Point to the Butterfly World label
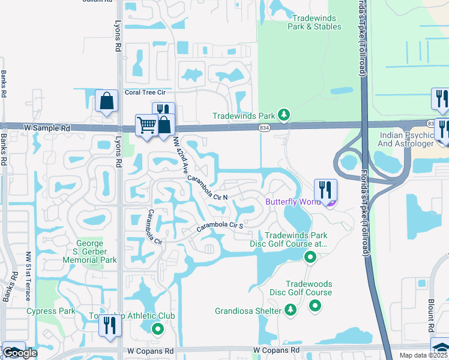coord(294,202)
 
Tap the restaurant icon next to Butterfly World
coord(325,190)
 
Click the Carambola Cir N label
coord(207,188)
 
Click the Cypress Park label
coord(50,311)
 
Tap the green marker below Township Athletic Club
coord(157,328)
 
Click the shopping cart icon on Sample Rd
coord(146,126)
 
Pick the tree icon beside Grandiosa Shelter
coord(291,310)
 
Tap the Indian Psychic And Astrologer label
coord(406,140)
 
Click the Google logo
coord(19,353)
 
